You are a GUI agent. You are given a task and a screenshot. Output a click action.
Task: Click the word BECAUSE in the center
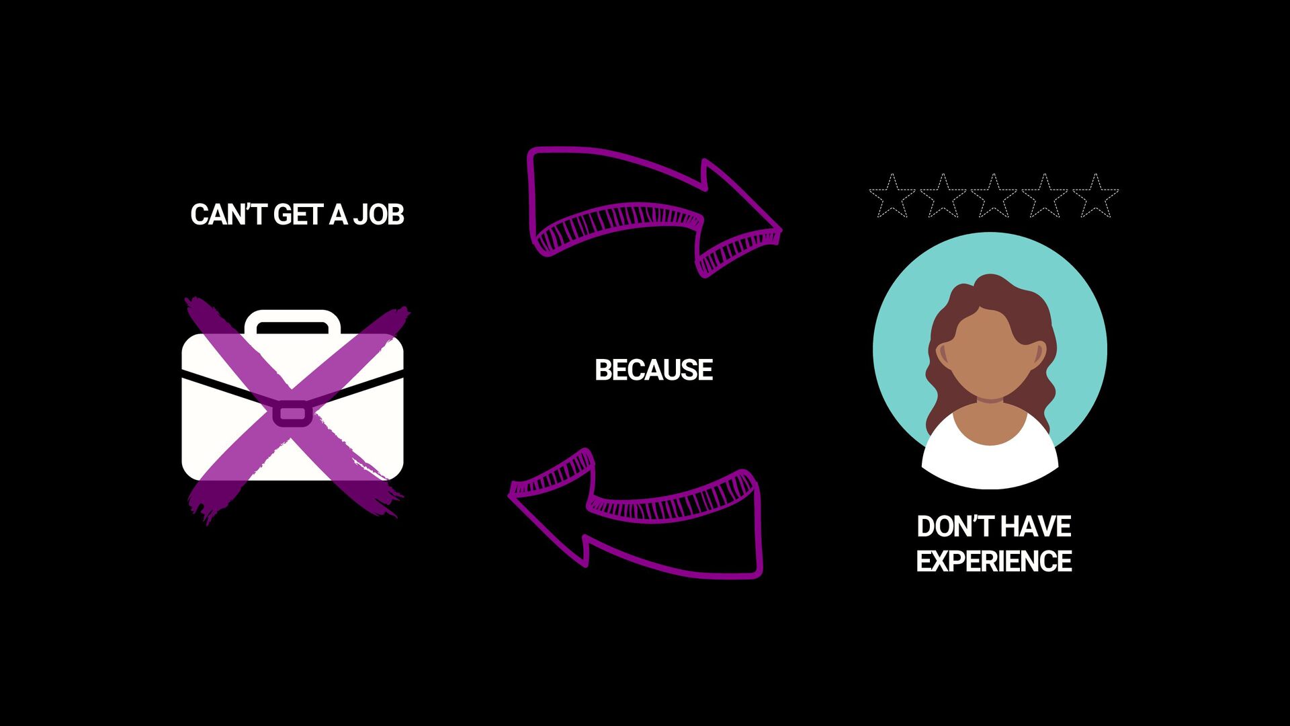click(x=653, y=370)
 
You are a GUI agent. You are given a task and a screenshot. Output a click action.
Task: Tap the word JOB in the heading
click(x=379, y=215)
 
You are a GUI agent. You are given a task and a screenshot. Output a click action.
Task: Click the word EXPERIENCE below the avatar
click(x=994, y=561)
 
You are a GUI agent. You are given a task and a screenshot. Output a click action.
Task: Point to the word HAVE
click(x=1035, y=526)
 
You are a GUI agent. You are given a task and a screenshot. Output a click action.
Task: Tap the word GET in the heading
click(x=298, y=215)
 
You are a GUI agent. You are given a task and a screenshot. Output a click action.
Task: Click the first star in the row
click(x=892, y=197)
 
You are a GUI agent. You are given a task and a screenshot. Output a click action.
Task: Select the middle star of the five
click(x=994, y=197)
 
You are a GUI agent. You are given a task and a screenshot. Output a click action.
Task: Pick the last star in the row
click(x=1095, y=197)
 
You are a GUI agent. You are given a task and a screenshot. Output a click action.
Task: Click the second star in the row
click(x=943, y=197)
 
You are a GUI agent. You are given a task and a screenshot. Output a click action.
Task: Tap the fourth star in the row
click(x=1044, y=197)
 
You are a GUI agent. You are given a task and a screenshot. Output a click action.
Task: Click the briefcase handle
click(x=292, y=319)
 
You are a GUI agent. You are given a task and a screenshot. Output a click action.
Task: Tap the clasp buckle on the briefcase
click(x=292, y=413)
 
